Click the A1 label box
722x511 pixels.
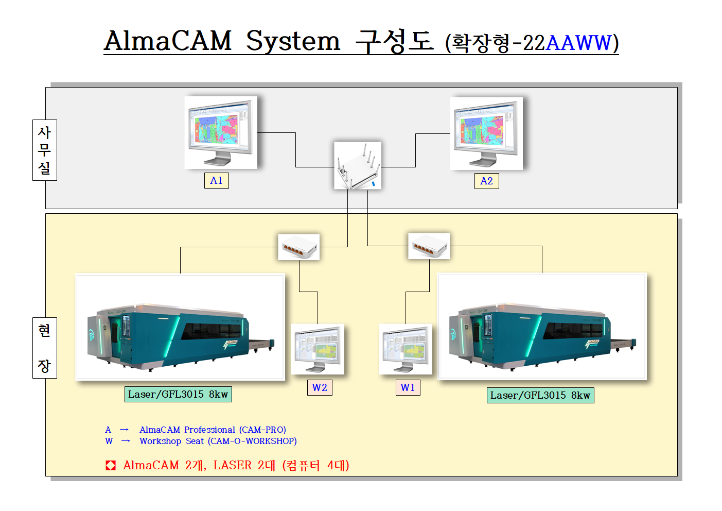(216, 181)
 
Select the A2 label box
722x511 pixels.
(486, 181)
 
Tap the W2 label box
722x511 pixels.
(319, 388)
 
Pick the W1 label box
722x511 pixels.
(408, 388)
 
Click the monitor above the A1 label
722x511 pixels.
(221, 132)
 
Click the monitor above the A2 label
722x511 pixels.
(486, 133)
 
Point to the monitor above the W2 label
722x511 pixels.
(318, 349)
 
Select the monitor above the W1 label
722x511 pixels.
(406, 349)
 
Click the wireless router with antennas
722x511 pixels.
(358, 165)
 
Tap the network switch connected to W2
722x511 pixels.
(299, 247)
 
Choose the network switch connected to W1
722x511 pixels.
(429, 246)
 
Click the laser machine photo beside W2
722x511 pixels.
(181, 327)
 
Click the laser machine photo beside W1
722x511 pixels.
(542, 327)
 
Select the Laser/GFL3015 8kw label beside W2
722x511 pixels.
(178, 395)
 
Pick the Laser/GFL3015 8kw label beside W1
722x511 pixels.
(540, 396)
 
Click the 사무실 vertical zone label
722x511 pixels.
(45, 150)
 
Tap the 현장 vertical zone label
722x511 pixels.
(45, 348)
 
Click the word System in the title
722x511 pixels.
(293, 41)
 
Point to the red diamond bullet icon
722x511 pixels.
(111, 466)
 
